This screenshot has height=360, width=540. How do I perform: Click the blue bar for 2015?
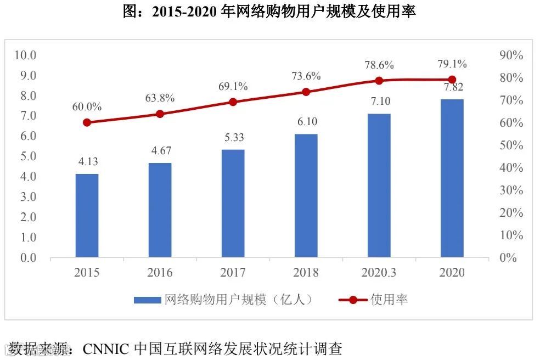[87, 216]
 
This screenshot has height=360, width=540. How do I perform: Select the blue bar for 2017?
[233, 204]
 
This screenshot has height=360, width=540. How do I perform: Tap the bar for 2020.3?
[379, 185]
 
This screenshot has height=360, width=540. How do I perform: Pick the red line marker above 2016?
[160, 114]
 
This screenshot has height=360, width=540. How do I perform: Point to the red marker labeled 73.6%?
[306, 92]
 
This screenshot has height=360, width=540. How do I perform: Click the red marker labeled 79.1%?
[452, 80]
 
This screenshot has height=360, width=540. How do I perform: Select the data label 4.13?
[87, 162]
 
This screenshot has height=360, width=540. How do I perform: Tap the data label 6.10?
[306, 122]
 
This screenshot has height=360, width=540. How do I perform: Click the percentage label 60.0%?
[87, 107]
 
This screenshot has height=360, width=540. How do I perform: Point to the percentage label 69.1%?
[233, 86]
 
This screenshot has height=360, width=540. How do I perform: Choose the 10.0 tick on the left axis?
[25, 55]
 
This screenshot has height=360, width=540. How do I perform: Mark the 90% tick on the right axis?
[510, 55]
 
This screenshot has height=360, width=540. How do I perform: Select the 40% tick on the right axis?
[510, 168]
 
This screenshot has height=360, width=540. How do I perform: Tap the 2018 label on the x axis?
[306, 273]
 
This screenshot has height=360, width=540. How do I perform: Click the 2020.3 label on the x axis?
[379, 273]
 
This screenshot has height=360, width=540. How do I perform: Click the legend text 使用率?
[389, 300]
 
